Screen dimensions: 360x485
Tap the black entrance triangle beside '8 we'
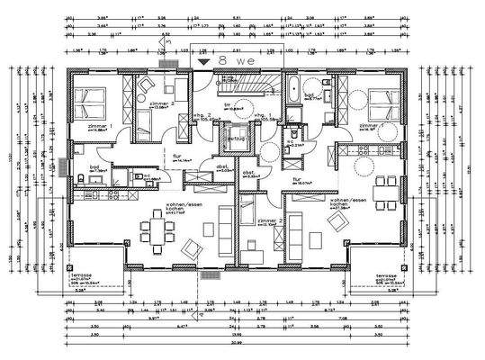205,60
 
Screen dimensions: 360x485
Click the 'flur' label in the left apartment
178,155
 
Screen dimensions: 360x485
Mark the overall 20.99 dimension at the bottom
236,342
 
